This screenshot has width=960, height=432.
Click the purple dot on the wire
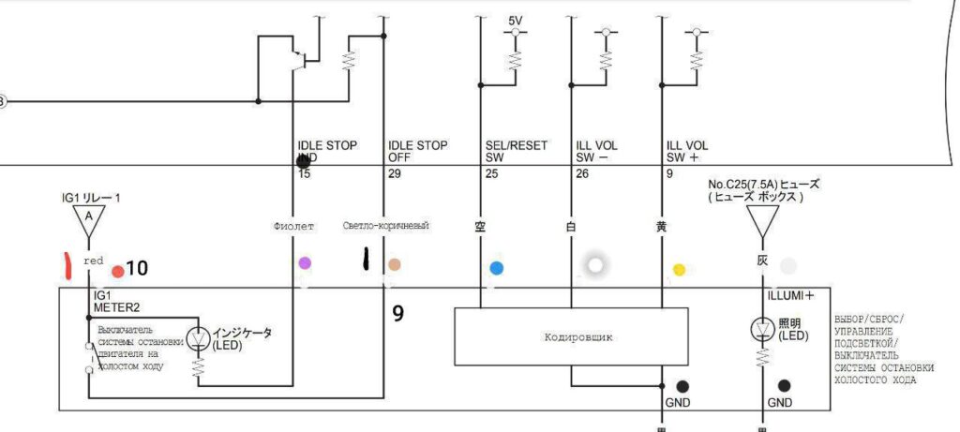pyautogui.click(x=304, y=263)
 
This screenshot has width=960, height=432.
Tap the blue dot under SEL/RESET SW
pyautogui.click(x=497, y=268)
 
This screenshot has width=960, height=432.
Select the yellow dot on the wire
pyautogui.click(x=679, y=270)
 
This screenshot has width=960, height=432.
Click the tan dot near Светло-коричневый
pyautogui.click(x=396, y=265)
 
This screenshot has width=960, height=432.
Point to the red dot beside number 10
pyautogui.click(x=117, y=272)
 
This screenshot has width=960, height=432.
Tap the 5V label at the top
pyautogui.click(x=516, y=21)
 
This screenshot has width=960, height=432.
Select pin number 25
pyautogui.click(x=490, y=173)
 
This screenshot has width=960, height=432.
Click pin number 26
pyautogui.click(x=581, y=173)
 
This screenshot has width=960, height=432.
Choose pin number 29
pyautogui.click(x=395, y=173)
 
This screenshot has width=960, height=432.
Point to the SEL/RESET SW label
pyautogui.click(x=516, y=152)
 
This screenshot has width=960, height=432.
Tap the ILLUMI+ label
pyautogui.click(x=791, y=296)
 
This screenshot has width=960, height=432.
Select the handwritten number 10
pyautogui.click(x=137, y=269)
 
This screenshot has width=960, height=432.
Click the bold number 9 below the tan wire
pyautogui.click(x=398, y=314)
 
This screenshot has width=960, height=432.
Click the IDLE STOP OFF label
pyautogui.click(x=417, y=152)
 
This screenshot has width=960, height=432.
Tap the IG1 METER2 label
pyautogui.click(x=115, y=300)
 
